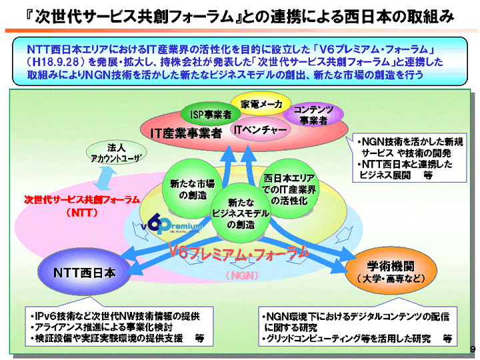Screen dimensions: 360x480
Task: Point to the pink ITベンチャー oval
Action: point(259,129)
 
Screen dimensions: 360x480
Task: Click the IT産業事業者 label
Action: point(185,133)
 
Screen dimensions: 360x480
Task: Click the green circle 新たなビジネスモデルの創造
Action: point(241,214)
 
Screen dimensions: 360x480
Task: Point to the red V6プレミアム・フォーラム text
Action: point(239,252)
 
